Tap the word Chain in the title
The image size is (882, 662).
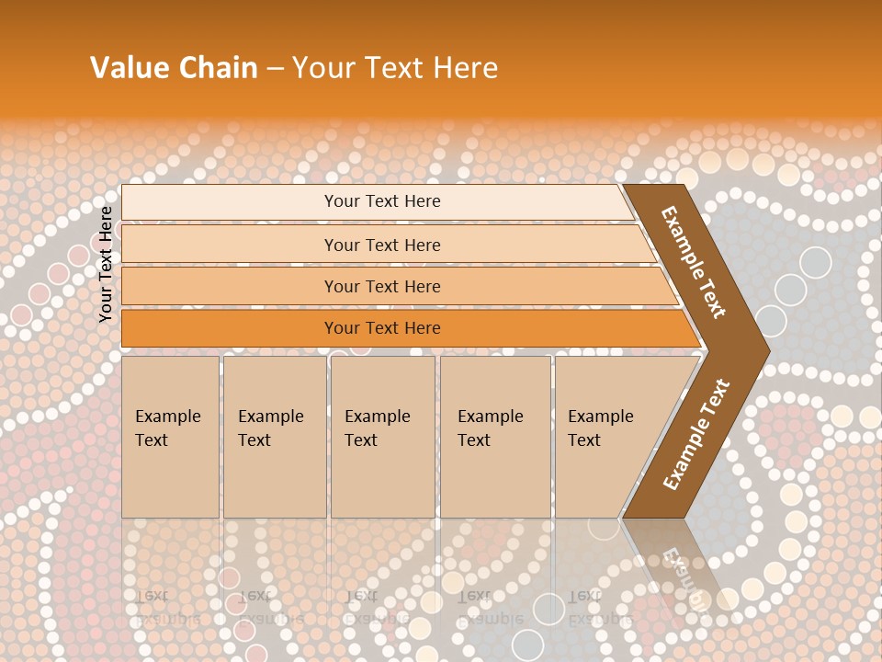click(x=218, y=68)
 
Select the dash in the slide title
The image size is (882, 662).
click(x=275, y=69)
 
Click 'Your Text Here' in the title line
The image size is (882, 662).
click(x=395, y=68)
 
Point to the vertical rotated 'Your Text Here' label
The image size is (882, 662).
click(x=106, y=264)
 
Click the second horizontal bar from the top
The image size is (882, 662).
click(x=381, y=245)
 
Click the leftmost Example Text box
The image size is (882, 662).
click(x=170, y=437)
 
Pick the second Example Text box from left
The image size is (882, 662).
click(x=275, y=437)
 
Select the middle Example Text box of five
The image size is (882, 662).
click(x=382, y=437)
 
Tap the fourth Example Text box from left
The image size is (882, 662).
click(x=495, y=437)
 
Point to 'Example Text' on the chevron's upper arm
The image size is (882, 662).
click(x=694, y=262)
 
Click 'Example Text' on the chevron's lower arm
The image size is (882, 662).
click(x=696, y=435)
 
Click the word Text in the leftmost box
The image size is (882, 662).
click(x=152, y=440)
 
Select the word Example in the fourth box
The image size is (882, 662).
click(x=490, y=417)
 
